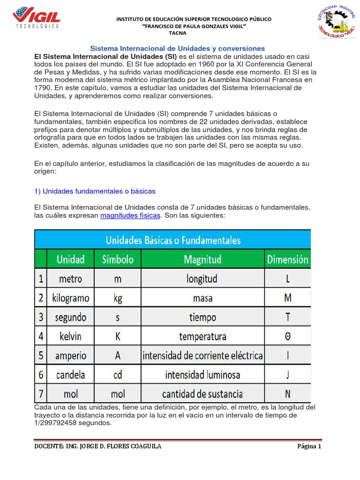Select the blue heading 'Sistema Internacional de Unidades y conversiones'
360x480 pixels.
pos(177,48)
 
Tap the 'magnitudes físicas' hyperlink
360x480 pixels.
pos(130,215)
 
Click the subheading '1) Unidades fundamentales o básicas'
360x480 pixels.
pos(95,191)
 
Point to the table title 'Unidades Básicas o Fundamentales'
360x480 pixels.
pos(173,240)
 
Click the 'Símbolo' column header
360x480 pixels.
pos(118,259)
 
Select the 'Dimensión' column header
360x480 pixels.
pos(287,259)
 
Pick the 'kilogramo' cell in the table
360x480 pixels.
pos(71,298)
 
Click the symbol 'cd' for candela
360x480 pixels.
pos(118,375)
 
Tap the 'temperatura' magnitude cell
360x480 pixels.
pos(202,336)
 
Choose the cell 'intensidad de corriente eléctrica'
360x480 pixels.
pos(202,355)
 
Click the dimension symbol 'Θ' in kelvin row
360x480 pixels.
pos(287,336)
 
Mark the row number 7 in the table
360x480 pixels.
pos(41,393)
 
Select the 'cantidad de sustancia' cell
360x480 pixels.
pos(202,393)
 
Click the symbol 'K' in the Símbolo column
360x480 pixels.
pos(118,336)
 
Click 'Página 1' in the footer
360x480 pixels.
pos(309,446)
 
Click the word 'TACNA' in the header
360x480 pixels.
pos(177,33)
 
